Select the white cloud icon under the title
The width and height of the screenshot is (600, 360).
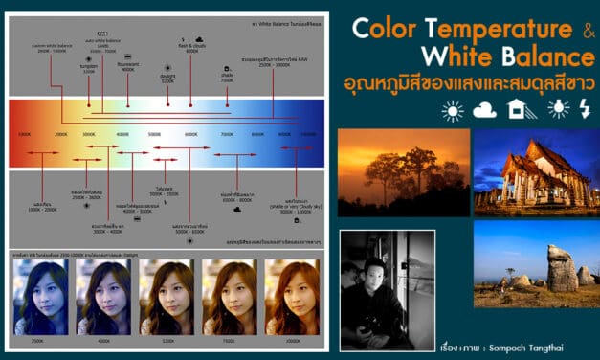483,111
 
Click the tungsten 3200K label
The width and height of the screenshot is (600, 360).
89,68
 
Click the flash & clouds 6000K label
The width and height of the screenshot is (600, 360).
190,47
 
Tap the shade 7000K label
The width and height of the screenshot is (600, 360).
227,79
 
